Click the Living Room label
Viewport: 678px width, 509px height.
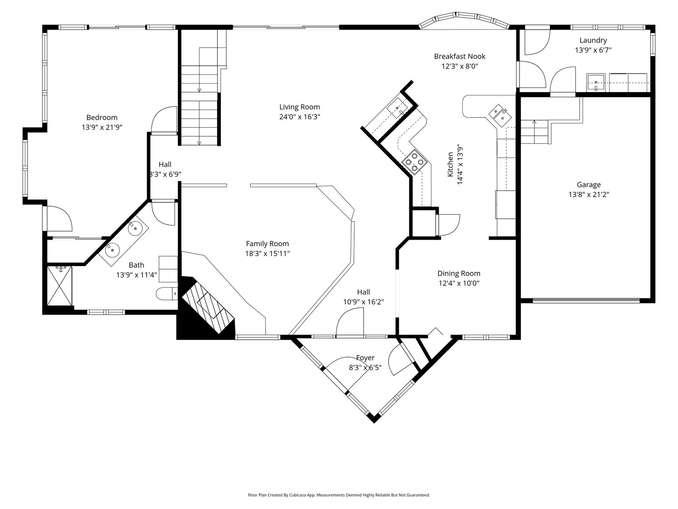pos(299,107)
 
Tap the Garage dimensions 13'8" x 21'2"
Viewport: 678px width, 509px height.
pos(589,194)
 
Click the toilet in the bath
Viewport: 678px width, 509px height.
pos(167,294)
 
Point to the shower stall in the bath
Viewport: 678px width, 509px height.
pos(59,286)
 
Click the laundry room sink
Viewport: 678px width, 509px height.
pos(596,83)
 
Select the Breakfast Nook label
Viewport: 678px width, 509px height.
pos(460,56)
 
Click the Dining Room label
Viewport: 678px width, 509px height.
pos(458,273)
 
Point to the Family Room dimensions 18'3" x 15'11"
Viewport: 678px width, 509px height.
pos(267,253)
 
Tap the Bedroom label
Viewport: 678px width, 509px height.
pos(102,117)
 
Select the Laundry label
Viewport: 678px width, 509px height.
pos(593,40)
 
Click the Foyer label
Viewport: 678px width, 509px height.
pos(365,358)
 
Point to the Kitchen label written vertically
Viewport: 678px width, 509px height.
pos(450,165)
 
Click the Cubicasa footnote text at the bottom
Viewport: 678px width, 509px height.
pos(339,495)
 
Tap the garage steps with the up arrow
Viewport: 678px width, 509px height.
pos(535,132)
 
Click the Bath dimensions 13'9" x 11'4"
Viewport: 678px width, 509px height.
pos(136,275)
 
